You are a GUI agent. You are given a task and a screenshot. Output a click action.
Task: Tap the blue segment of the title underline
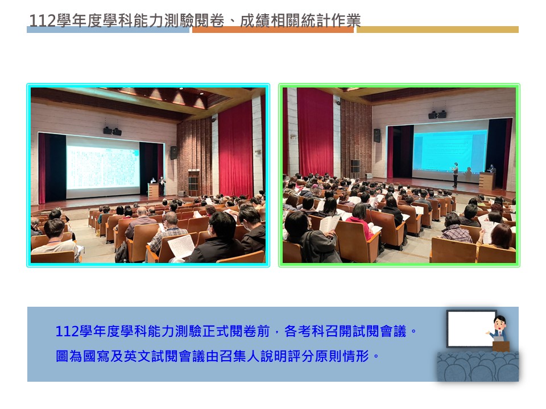pyautogui.click(x=108, y=30)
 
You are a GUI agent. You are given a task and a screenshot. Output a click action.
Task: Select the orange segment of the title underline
pyautogui.click(x=272, y=30)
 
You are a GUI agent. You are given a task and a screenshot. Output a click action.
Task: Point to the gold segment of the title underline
pyautogui.click(x=437, y=30)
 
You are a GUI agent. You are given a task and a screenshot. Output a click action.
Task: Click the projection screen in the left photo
pyautogui.click(x=103, y=167)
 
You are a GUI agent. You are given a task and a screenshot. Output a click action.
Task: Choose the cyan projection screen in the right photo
pyautogui.click(x=450, y=150)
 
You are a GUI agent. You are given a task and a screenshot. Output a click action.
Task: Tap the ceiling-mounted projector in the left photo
pyautogui.click(x=112, y=131)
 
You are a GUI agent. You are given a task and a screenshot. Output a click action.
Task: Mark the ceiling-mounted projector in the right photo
pyautogui.click(x=437, y=114)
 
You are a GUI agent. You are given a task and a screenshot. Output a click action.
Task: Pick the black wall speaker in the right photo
pyautogui.click(x=377, y=135)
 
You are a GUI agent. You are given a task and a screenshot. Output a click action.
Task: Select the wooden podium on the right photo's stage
pyautogui.click(x=487, y=181)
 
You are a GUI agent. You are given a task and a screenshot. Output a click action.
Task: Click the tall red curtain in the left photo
pyautogui.click(x=235, y=149)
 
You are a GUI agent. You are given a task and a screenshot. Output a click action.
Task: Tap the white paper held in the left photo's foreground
pyautogui.click(x=181, y=246)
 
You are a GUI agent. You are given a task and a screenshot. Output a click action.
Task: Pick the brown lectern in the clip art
pyautogui.click(x=500, y=347)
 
